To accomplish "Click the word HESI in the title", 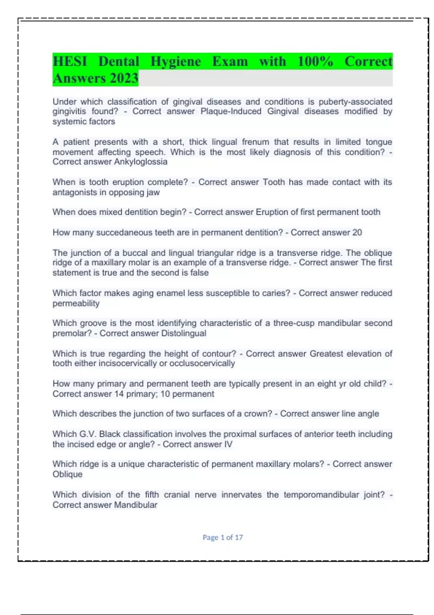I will click(x=70, y=61).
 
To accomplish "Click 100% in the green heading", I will click(x=315, y=61).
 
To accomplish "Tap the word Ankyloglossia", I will click(x=141, y=162).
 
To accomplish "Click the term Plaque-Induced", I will click(x=231, y=111).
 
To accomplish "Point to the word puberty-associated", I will click(x=355, y=102).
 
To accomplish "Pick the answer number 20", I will click(x=357, y=232).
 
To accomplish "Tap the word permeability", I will click(x=76, y=303).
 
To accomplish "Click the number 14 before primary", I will click(x=119, y=394).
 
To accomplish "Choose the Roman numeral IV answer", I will click(x=228, y=444).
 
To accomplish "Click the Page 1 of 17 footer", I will click(x=222, y=537).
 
